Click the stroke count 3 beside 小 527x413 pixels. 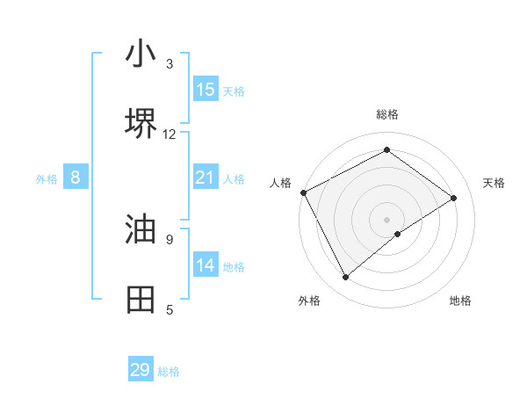tap(170, 64)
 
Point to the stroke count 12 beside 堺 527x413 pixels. tap(170, 134)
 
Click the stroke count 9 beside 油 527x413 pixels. tap(170, 238)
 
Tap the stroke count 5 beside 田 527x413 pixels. tap(170, 309)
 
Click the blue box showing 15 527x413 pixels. tap(206, 90)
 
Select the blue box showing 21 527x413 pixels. tap(206, 178)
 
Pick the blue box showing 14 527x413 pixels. tap(206, 265)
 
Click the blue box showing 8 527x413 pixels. tap(76, 178)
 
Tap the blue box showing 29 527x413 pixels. tap(141, 370)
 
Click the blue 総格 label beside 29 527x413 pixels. tap(169, 372)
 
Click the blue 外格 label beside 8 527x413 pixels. tap(47, 179)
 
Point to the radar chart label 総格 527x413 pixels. tap(386, 114)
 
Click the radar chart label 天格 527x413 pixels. tap(495, 183)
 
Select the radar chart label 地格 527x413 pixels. tap(460, 301)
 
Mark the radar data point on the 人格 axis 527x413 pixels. tap(303, 192)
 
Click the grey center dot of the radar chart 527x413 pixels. tap(386, 219)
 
